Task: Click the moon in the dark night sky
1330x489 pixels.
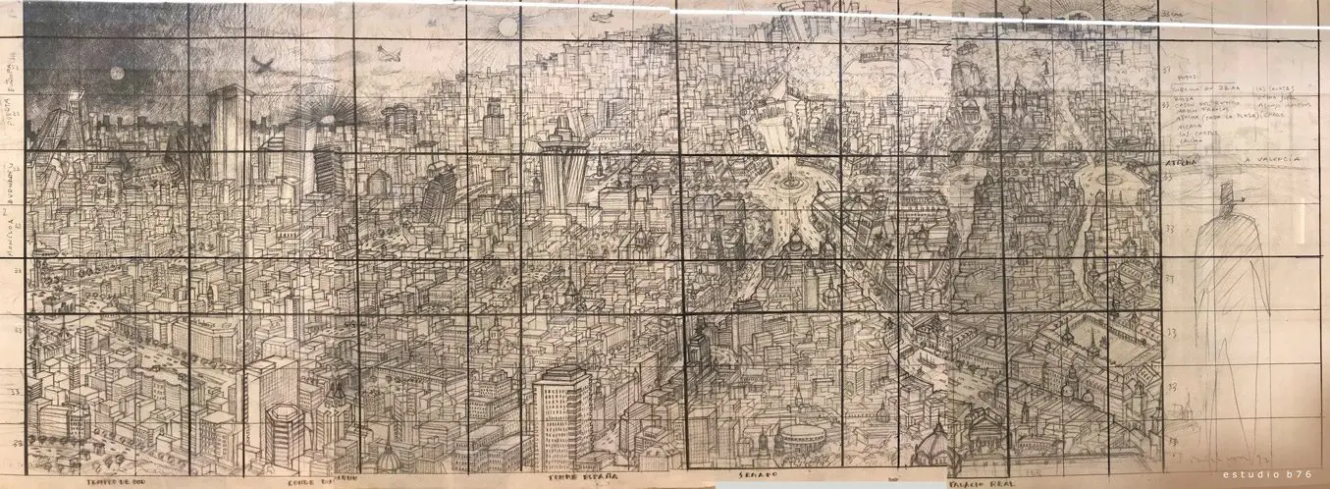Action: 116,74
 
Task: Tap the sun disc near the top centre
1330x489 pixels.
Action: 507,25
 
